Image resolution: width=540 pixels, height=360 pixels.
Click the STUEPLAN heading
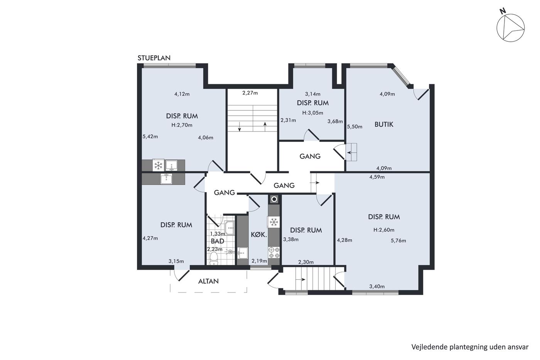point(154,58)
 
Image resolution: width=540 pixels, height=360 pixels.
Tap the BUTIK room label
point(384,124)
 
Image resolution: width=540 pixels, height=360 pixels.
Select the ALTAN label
point(208,281)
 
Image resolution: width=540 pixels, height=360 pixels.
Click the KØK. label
point(259,235)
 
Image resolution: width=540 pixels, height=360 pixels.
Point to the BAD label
point(218,241)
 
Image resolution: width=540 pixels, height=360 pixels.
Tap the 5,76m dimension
point(398,241)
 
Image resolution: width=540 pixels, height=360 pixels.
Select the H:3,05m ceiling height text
point(313,113)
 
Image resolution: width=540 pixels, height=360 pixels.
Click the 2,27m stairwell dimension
point(250,93)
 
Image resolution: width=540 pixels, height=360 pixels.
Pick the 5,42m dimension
point(150,137)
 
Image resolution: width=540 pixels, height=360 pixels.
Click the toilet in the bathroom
point(214,259)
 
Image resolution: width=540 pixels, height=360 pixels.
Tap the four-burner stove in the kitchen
point(274,252)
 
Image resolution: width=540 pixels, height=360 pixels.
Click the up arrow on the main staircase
point(265,127)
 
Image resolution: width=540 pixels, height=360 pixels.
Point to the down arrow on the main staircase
point(240,127)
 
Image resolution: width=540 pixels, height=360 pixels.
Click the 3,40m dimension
point(377,286)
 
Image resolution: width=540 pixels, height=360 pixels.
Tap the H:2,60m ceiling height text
point(384,230)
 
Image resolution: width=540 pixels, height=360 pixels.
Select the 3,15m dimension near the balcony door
point(176,261)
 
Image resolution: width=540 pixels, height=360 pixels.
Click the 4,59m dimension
point(377,177)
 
